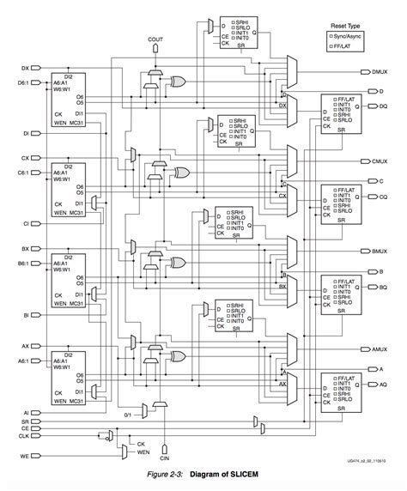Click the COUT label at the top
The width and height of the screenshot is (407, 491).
(155, 39)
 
